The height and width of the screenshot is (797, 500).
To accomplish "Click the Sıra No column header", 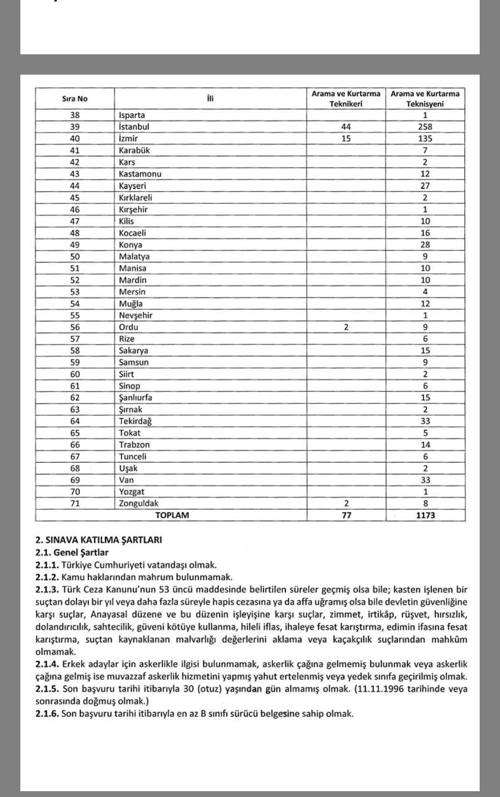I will [75, 99].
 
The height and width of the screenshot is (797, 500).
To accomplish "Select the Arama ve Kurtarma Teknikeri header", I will [346, 99].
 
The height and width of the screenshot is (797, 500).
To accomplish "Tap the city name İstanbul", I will [134, 127].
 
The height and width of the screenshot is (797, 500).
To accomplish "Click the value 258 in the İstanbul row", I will [425, 127].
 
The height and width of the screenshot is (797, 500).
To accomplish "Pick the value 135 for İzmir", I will [425, 139].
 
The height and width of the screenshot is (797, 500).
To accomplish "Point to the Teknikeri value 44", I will [346, 127].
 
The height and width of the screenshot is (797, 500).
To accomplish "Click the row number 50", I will [75, 256].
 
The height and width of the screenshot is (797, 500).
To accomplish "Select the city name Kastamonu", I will [140, 174].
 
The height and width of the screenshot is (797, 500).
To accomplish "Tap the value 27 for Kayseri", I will [425, 186].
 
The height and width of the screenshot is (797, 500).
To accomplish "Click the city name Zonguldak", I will [138, 503].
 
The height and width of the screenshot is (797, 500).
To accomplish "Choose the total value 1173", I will [425, 515].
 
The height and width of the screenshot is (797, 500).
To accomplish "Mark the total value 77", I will [346, 515].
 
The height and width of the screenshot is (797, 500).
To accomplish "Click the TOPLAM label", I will [172, 515].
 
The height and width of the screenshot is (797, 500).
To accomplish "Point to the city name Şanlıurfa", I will [136, 398].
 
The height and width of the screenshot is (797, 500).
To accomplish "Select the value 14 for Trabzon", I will [425, 445].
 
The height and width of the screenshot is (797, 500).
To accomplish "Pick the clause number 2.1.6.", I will [47, 714].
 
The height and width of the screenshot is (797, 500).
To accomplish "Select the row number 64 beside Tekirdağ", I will [75, 421].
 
